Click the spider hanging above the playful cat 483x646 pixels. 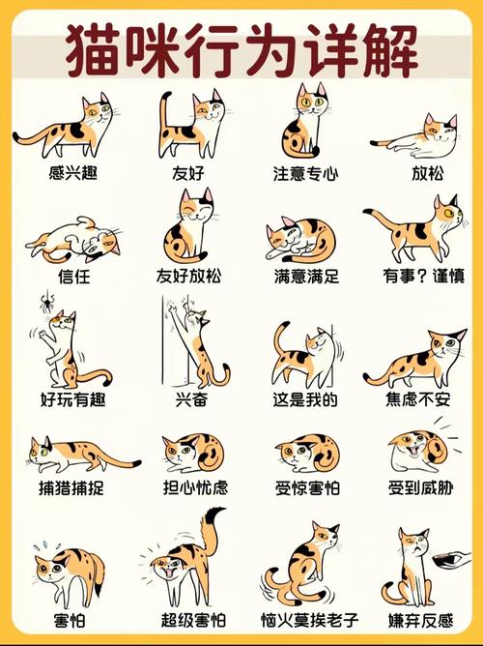(45, 307)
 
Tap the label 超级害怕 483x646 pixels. (188, 617)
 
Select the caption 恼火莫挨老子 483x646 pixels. (305, 617)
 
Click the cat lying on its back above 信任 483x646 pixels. (72, 239)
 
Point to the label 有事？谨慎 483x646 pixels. (419, 277)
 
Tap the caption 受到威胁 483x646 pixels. (419, 487)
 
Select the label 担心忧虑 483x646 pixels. (188, 487)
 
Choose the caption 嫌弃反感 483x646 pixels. (419, 617)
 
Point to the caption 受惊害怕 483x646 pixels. (305, 487)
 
